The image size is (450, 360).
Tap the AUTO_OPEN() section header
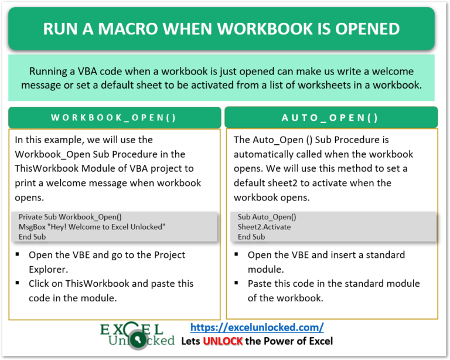330,117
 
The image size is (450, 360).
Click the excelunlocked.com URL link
257,328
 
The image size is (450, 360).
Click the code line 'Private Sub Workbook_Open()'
70,216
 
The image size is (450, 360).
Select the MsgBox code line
92,226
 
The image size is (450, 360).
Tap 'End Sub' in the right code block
251,236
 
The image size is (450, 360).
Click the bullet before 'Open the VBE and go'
18,255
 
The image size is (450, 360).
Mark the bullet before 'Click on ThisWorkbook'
18,284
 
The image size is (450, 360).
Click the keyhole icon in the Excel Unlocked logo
136,339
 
